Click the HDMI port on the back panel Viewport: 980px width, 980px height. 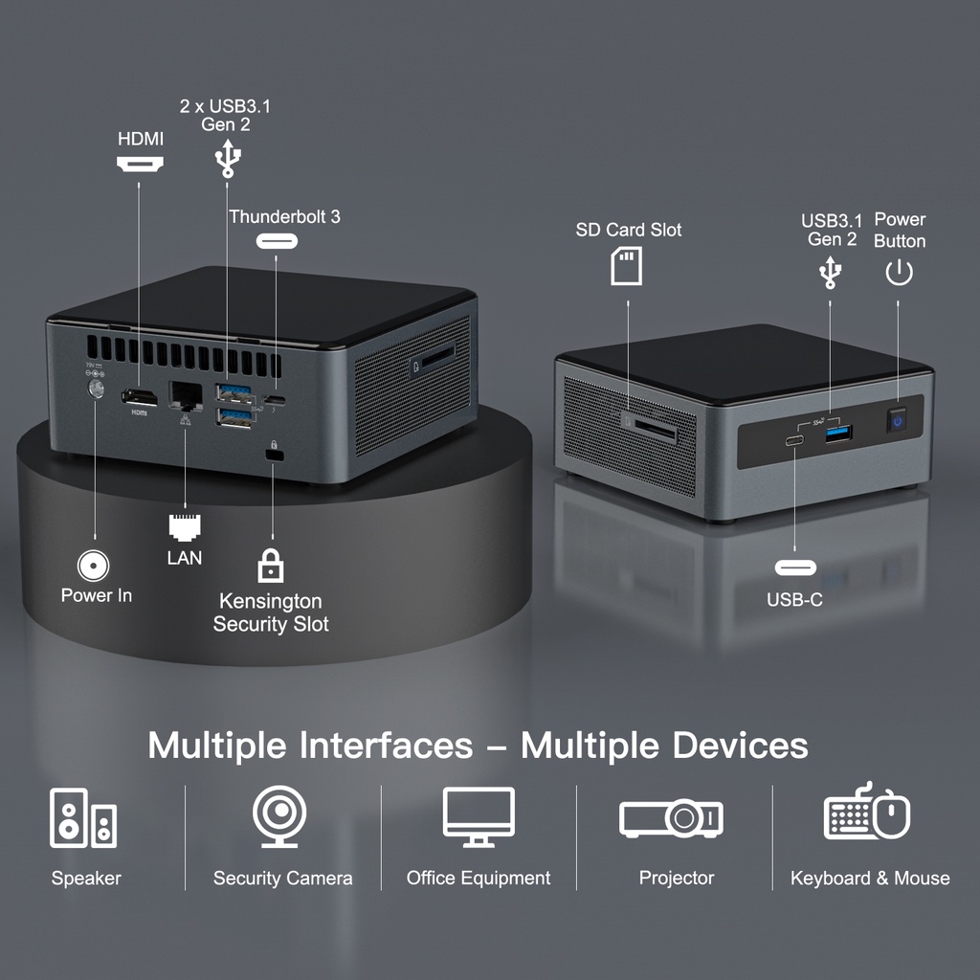(140, 396)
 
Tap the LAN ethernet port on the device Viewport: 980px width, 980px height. (186, 395)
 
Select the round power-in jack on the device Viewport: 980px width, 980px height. (97, 389)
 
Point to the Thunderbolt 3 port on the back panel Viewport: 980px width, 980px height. (275, 400)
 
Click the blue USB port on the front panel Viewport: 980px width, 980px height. (838, 433)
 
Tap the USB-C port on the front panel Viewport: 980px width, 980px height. (795, 440)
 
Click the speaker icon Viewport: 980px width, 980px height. (83, 817)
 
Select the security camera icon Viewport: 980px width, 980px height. (279, 816)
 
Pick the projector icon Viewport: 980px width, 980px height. (671, 818)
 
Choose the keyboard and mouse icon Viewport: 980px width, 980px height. (867, 812)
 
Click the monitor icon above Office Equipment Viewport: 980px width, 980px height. (479, 817)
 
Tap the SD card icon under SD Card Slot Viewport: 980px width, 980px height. (626, 266)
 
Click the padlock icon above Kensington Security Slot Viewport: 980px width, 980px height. (271, 566)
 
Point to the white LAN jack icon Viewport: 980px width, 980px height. (185, 528)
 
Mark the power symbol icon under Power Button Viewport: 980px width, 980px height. (899, 273)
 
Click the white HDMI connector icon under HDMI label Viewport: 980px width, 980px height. (140, 165)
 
